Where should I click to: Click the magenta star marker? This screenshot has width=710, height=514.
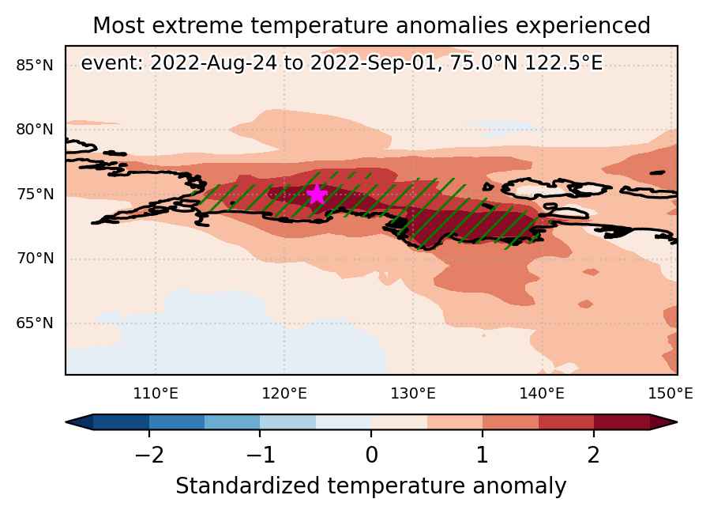coord(317,195)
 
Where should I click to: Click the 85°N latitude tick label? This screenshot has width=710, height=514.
coord(35,66)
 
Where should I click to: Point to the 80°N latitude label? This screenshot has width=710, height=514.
coord(35,130)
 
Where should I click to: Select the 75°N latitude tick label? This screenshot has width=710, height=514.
coord(35,195)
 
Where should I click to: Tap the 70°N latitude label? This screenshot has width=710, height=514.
coord(35,259)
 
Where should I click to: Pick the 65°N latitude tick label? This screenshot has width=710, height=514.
coord(35,323)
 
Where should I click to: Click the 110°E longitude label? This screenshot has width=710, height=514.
coord(156,394)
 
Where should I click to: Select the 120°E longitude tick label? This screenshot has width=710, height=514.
coord(284,394)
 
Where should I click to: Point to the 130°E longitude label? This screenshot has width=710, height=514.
coord(413,394)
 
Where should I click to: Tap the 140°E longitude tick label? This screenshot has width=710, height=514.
coord(542,394)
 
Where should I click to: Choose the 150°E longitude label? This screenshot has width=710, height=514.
coord(671,394)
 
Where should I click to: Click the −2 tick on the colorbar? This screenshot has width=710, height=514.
coord(149,455)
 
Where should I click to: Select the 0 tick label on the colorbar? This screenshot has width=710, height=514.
coord(371,455)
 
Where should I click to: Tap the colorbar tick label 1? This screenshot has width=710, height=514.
coord(483,455)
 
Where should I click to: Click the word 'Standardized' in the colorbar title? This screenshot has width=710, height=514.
coord(248,486)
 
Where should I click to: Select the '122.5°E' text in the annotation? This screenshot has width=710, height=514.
coord(564,63)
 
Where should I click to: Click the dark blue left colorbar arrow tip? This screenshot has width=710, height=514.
coord(66,422)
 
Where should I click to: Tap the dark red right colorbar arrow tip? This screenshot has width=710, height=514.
coord(677,422)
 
